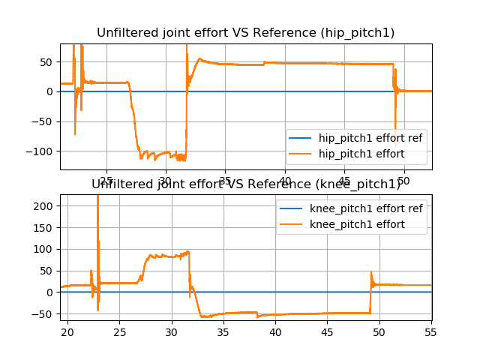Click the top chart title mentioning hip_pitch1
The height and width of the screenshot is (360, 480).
pyautogui.click(x=246, y=32)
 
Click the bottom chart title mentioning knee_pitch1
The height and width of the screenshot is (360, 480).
pyautogui.click(x=246, y=184)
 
